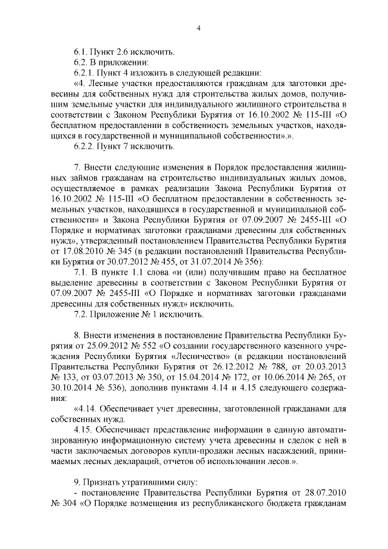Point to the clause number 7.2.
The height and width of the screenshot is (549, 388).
coord(80,314)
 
